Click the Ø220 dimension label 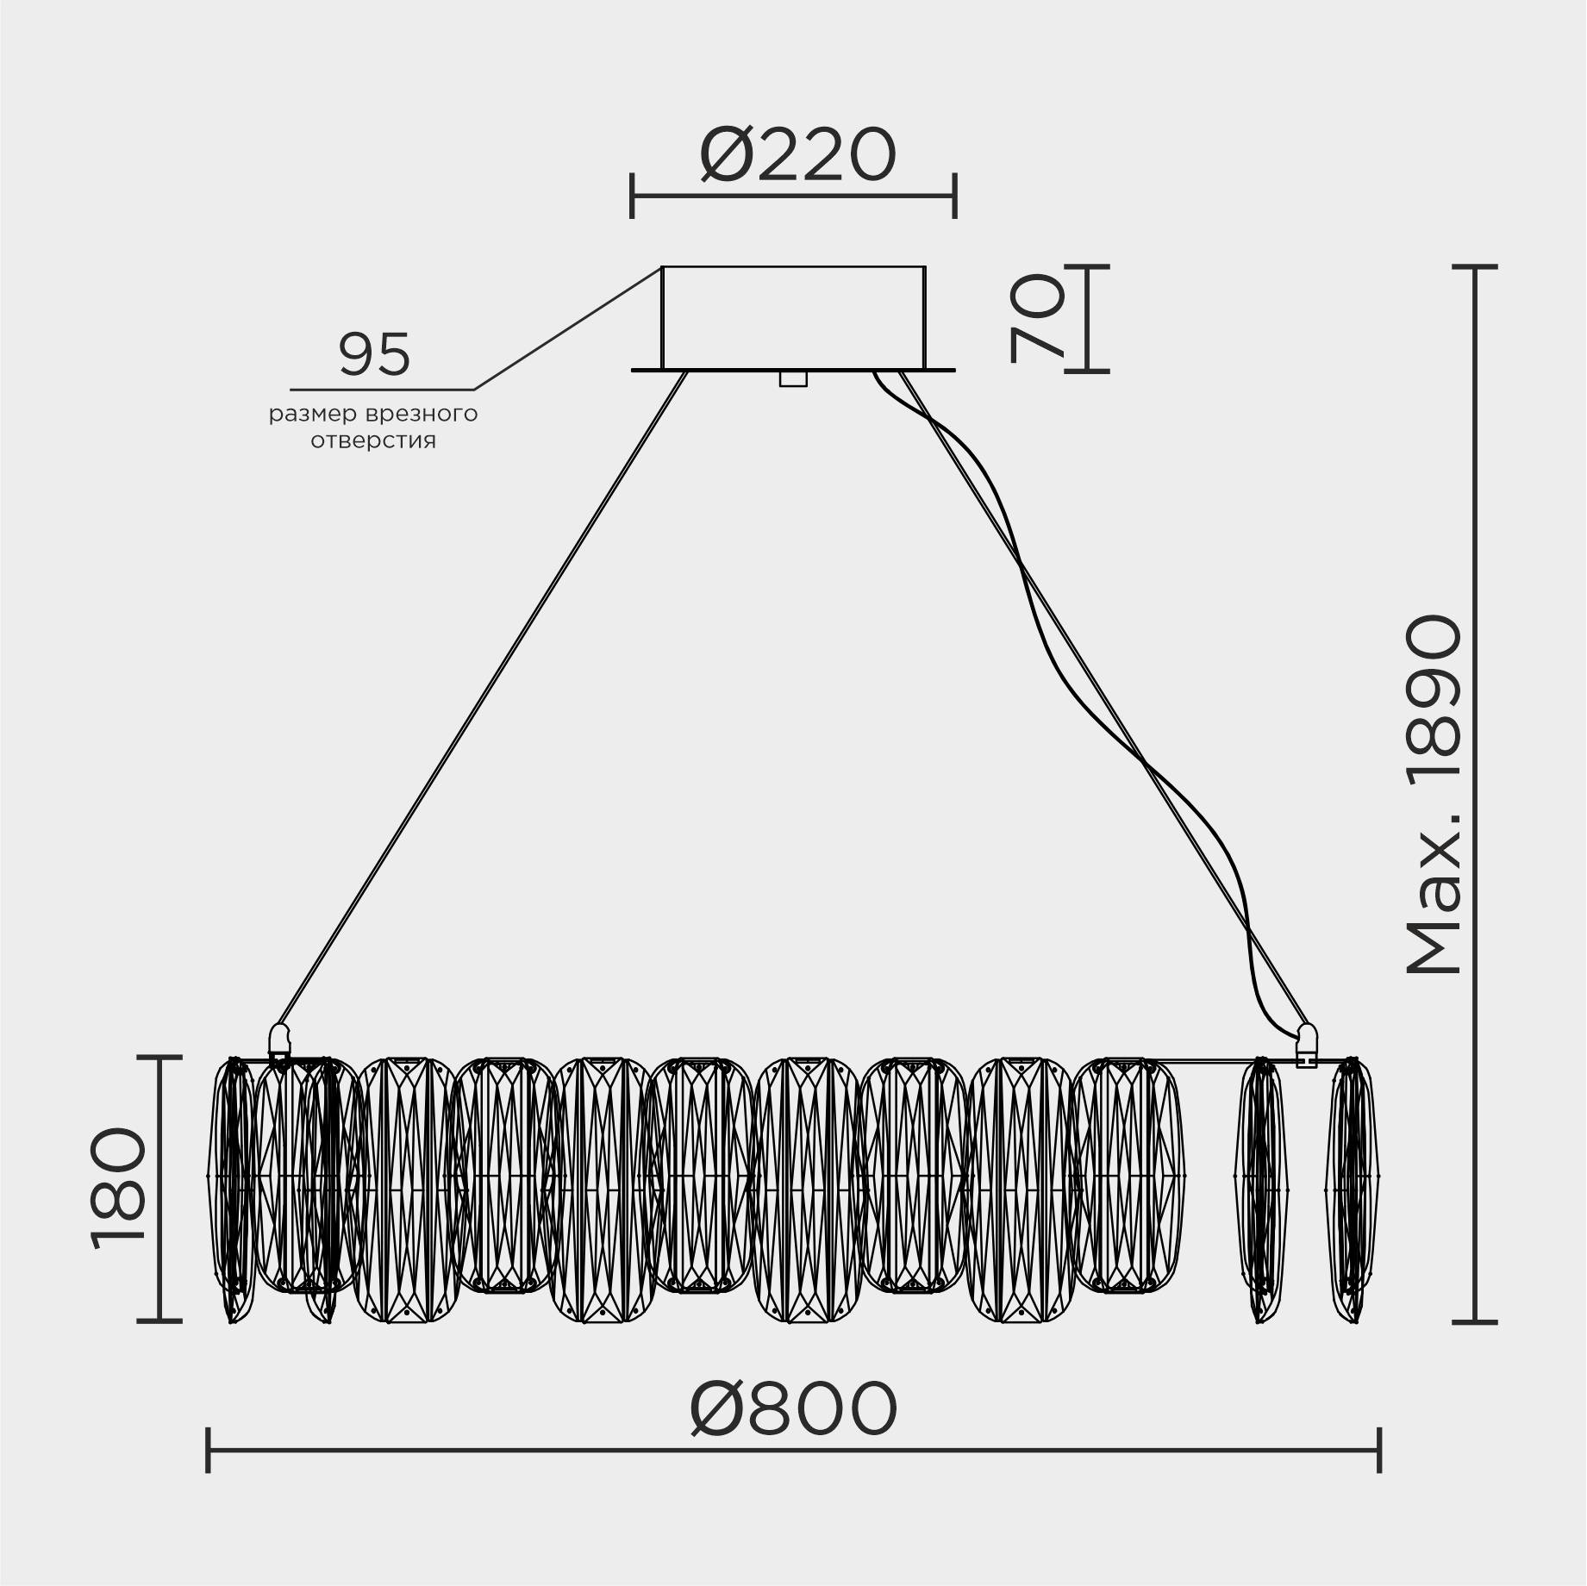pos(797,156)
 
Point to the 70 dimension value pos(1039,318)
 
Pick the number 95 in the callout pos(374,354)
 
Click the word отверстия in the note pos(373,441)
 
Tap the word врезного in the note pos(422,415)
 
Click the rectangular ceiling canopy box pos(793,317)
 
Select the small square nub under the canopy pos(793,379)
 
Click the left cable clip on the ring pos(279,1044)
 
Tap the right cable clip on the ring pos(1307,1044)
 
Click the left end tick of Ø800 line pos(208,1450)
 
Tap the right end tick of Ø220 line pos(954,196)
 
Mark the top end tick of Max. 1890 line pos(1474,268)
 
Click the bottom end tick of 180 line pos(160,1320)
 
